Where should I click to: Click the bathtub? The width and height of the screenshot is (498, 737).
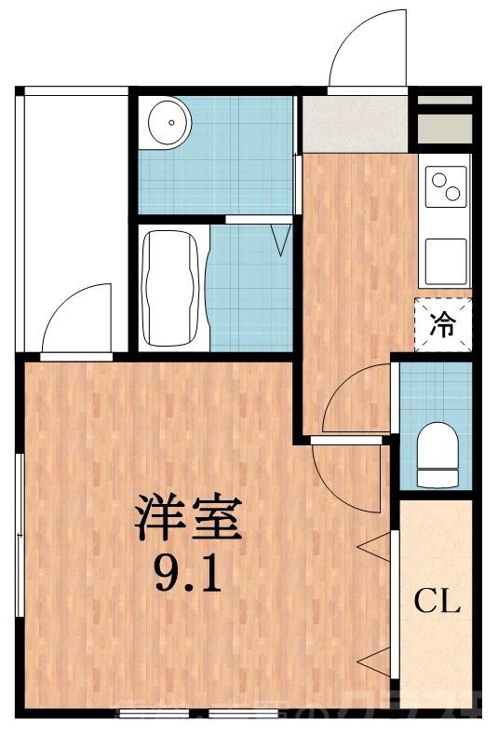172,286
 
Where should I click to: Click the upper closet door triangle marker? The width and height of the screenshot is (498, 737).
375,549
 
